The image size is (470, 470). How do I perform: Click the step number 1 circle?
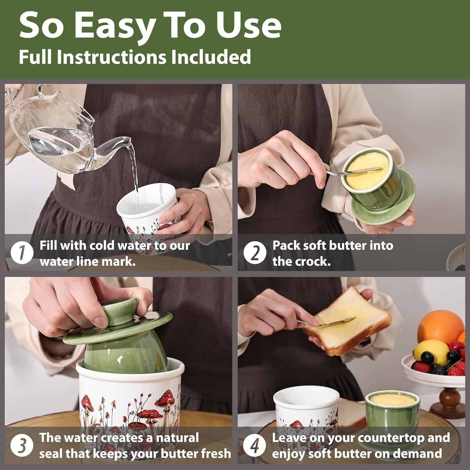tap(22, 253)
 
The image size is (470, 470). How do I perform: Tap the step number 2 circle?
tap(255, 253)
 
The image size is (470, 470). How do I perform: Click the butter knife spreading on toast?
tap(326, 322)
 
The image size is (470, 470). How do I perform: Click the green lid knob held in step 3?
tap(121, 313)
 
